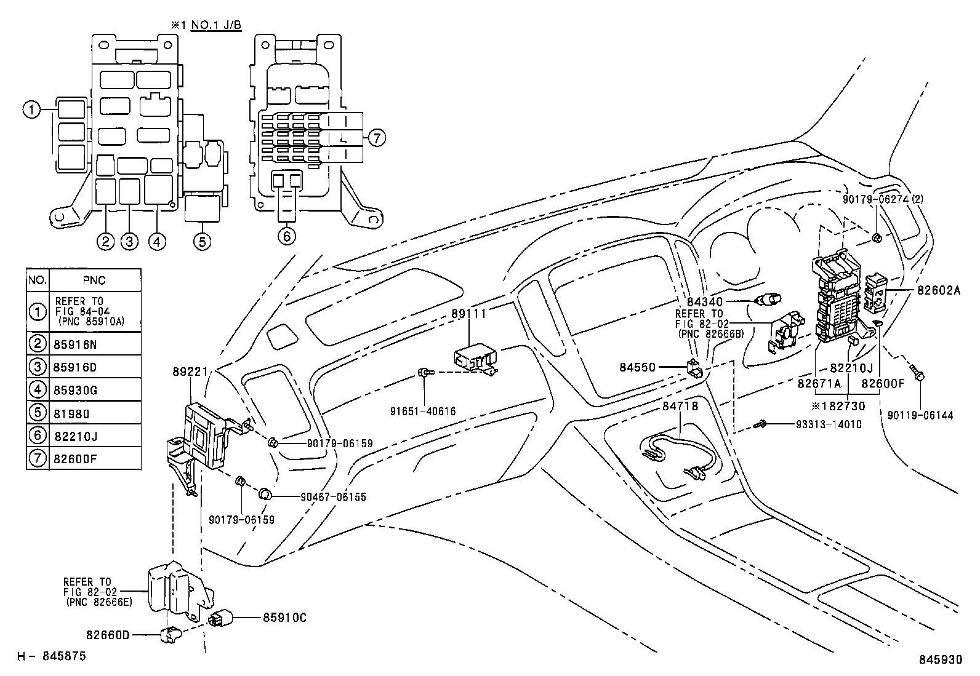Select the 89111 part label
[x=468, y=314]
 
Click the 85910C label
[x=284, y=617]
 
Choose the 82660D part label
[x=108, y=635]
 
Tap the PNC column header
[x=94, y=280]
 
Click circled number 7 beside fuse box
[x=376, y=138]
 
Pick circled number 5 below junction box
[x=202, y=241]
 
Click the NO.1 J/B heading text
[x=215, y=25]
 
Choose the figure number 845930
[x=940, y=660]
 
